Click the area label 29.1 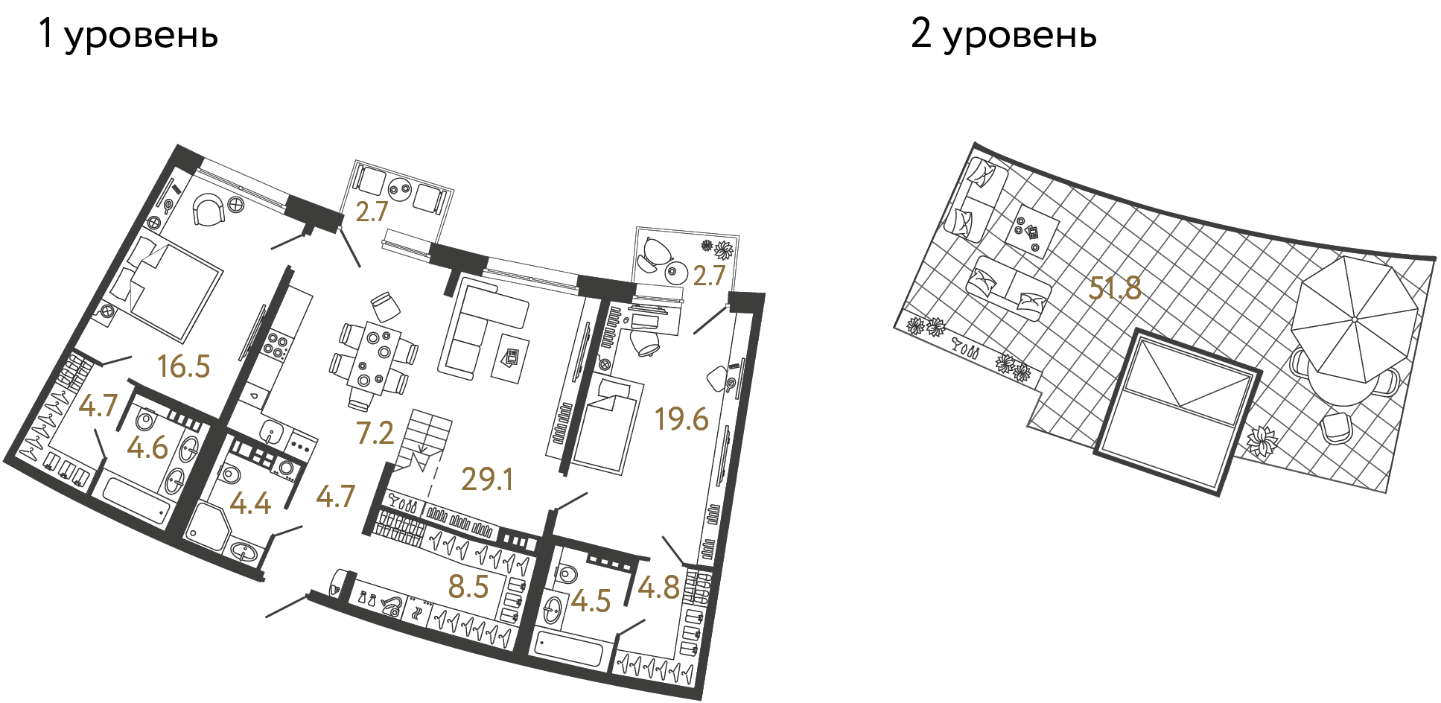pos(487,479)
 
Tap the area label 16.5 pos(184,366)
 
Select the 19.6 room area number pos(681,419)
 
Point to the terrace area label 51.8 pos(1114,288)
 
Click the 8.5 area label pos(468,587)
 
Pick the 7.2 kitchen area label pos(375,433)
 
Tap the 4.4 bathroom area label pos(250,503)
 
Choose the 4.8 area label pos(658,588)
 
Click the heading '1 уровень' pos(128,34)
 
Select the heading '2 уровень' pos(1003,34)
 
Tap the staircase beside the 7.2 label pos(424,439)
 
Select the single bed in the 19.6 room pos(607,424)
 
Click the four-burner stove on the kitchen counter pos(276,344)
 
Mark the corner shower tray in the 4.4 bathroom pos(205,526)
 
